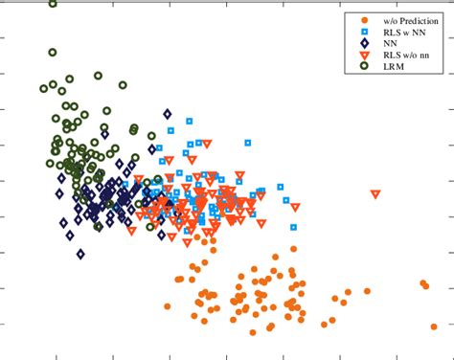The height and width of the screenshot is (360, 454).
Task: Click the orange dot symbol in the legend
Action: point(356,20)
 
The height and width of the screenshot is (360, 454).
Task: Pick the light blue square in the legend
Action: point(356,33)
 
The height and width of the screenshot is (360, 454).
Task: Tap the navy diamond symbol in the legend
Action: point(356,45)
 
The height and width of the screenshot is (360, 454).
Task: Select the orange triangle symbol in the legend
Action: point(356,57)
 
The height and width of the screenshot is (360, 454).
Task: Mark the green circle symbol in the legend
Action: point(356,69)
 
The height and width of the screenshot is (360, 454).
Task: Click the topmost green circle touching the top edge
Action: point(53,3)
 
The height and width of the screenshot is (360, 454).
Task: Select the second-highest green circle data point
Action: point(53,53)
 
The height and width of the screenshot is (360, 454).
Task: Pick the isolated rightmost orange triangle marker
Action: point(375,194)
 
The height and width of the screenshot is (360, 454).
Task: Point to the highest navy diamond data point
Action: point(168,114)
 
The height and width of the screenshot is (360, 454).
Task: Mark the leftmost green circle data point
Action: point(44,89)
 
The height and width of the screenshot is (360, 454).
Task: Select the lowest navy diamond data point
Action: point(80,255)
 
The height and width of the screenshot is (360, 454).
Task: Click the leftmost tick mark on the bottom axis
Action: point(57,355)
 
